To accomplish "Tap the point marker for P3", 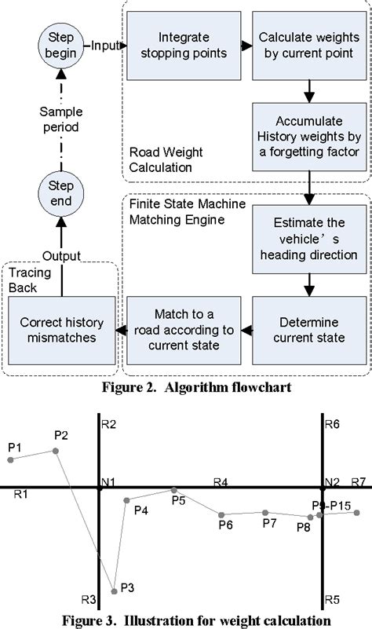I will pyautogui.click(x=115, y=590).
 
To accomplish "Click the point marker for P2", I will pyautogui.click(x=55, y=450).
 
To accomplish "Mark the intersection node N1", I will pyautogui.click(x=99, y=488).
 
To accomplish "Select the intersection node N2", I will pyautogui.click(x=320, y=488).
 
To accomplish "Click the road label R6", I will pyautogui.click(x=331, y=424).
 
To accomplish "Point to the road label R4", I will pyautogui.click(x=221, y=480).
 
